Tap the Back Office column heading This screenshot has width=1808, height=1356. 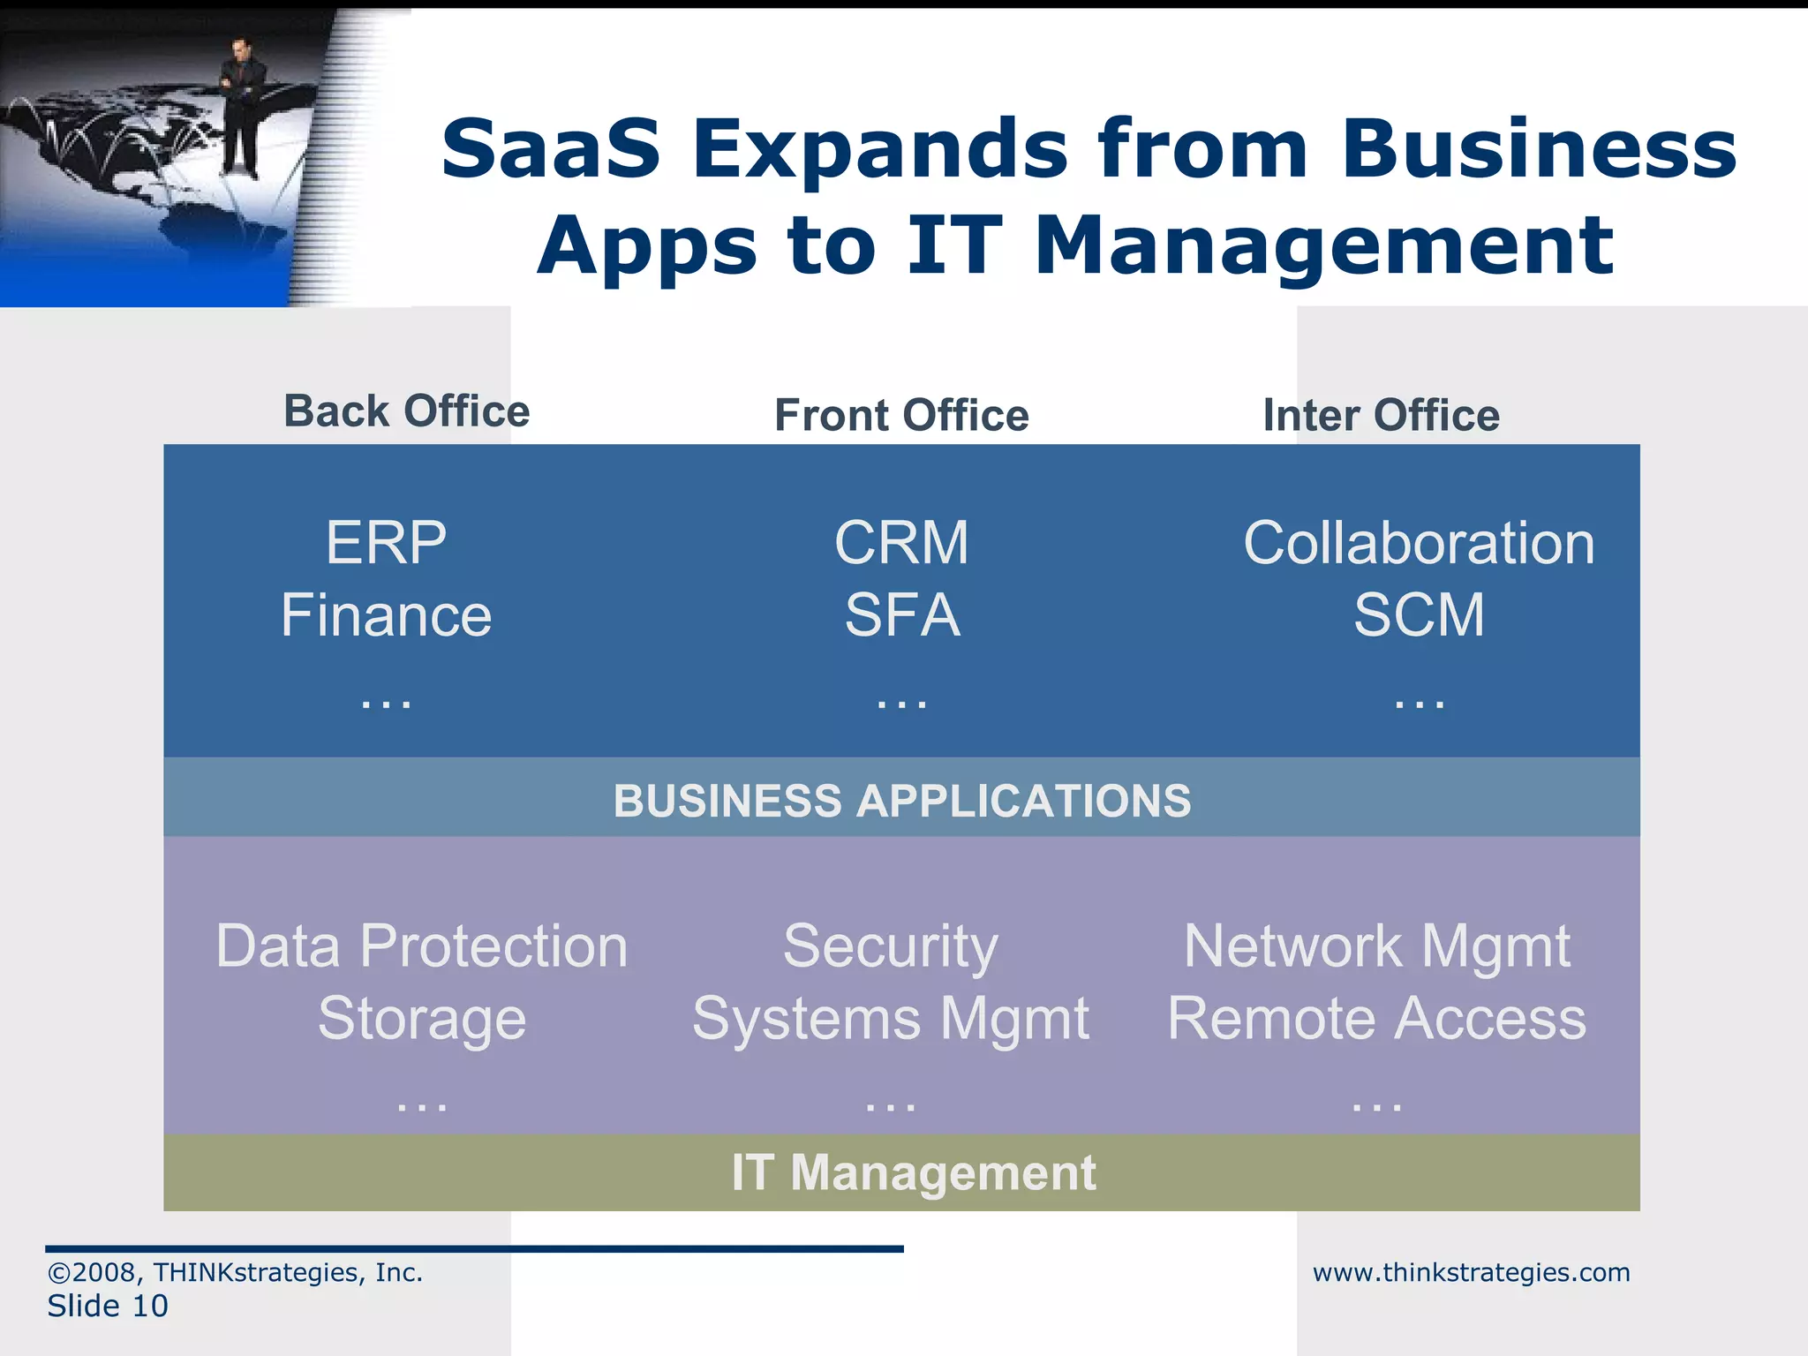(x=406, y=411)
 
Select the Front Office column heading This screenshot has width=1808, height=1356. (x=901, y=415)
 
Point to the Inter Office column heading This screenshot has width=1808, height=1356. (x=1381, y=415)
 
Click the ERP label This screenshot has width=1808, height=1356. (x=386, y=542)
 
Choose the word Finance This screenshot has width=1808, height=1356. (x=386, y=615)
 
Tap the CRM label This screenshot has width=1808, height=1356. (x=901, y=542)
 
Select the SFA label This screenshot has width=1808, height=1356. (x=901, y=615)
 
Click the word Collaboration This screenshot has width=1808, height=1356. (x=1419, y=542)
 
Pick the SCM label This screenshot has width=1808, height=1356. (x=1419, y=615)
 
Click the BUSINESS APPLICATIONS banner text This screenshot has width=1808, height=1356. (x=901, y=801)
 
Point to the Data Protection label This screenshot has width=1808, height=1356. (x=422, y=946)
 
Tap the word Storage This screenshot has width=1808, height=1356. (x=422, y=1019)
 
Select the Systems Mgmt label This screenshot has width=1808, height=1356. (x=890, y=1019)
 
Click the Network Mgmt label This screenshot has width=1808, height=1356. (x=1376, y=946)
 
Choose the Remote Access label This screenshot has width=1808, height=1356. (x=1376, y=1019)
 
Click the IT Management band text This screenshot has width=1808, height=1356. (x=913, y=1172)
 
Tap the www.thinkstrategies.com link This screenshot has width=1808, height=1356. (x=1471, y=1272)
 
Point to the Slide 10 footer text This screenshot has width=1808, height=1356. (x=108, y=1306)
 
